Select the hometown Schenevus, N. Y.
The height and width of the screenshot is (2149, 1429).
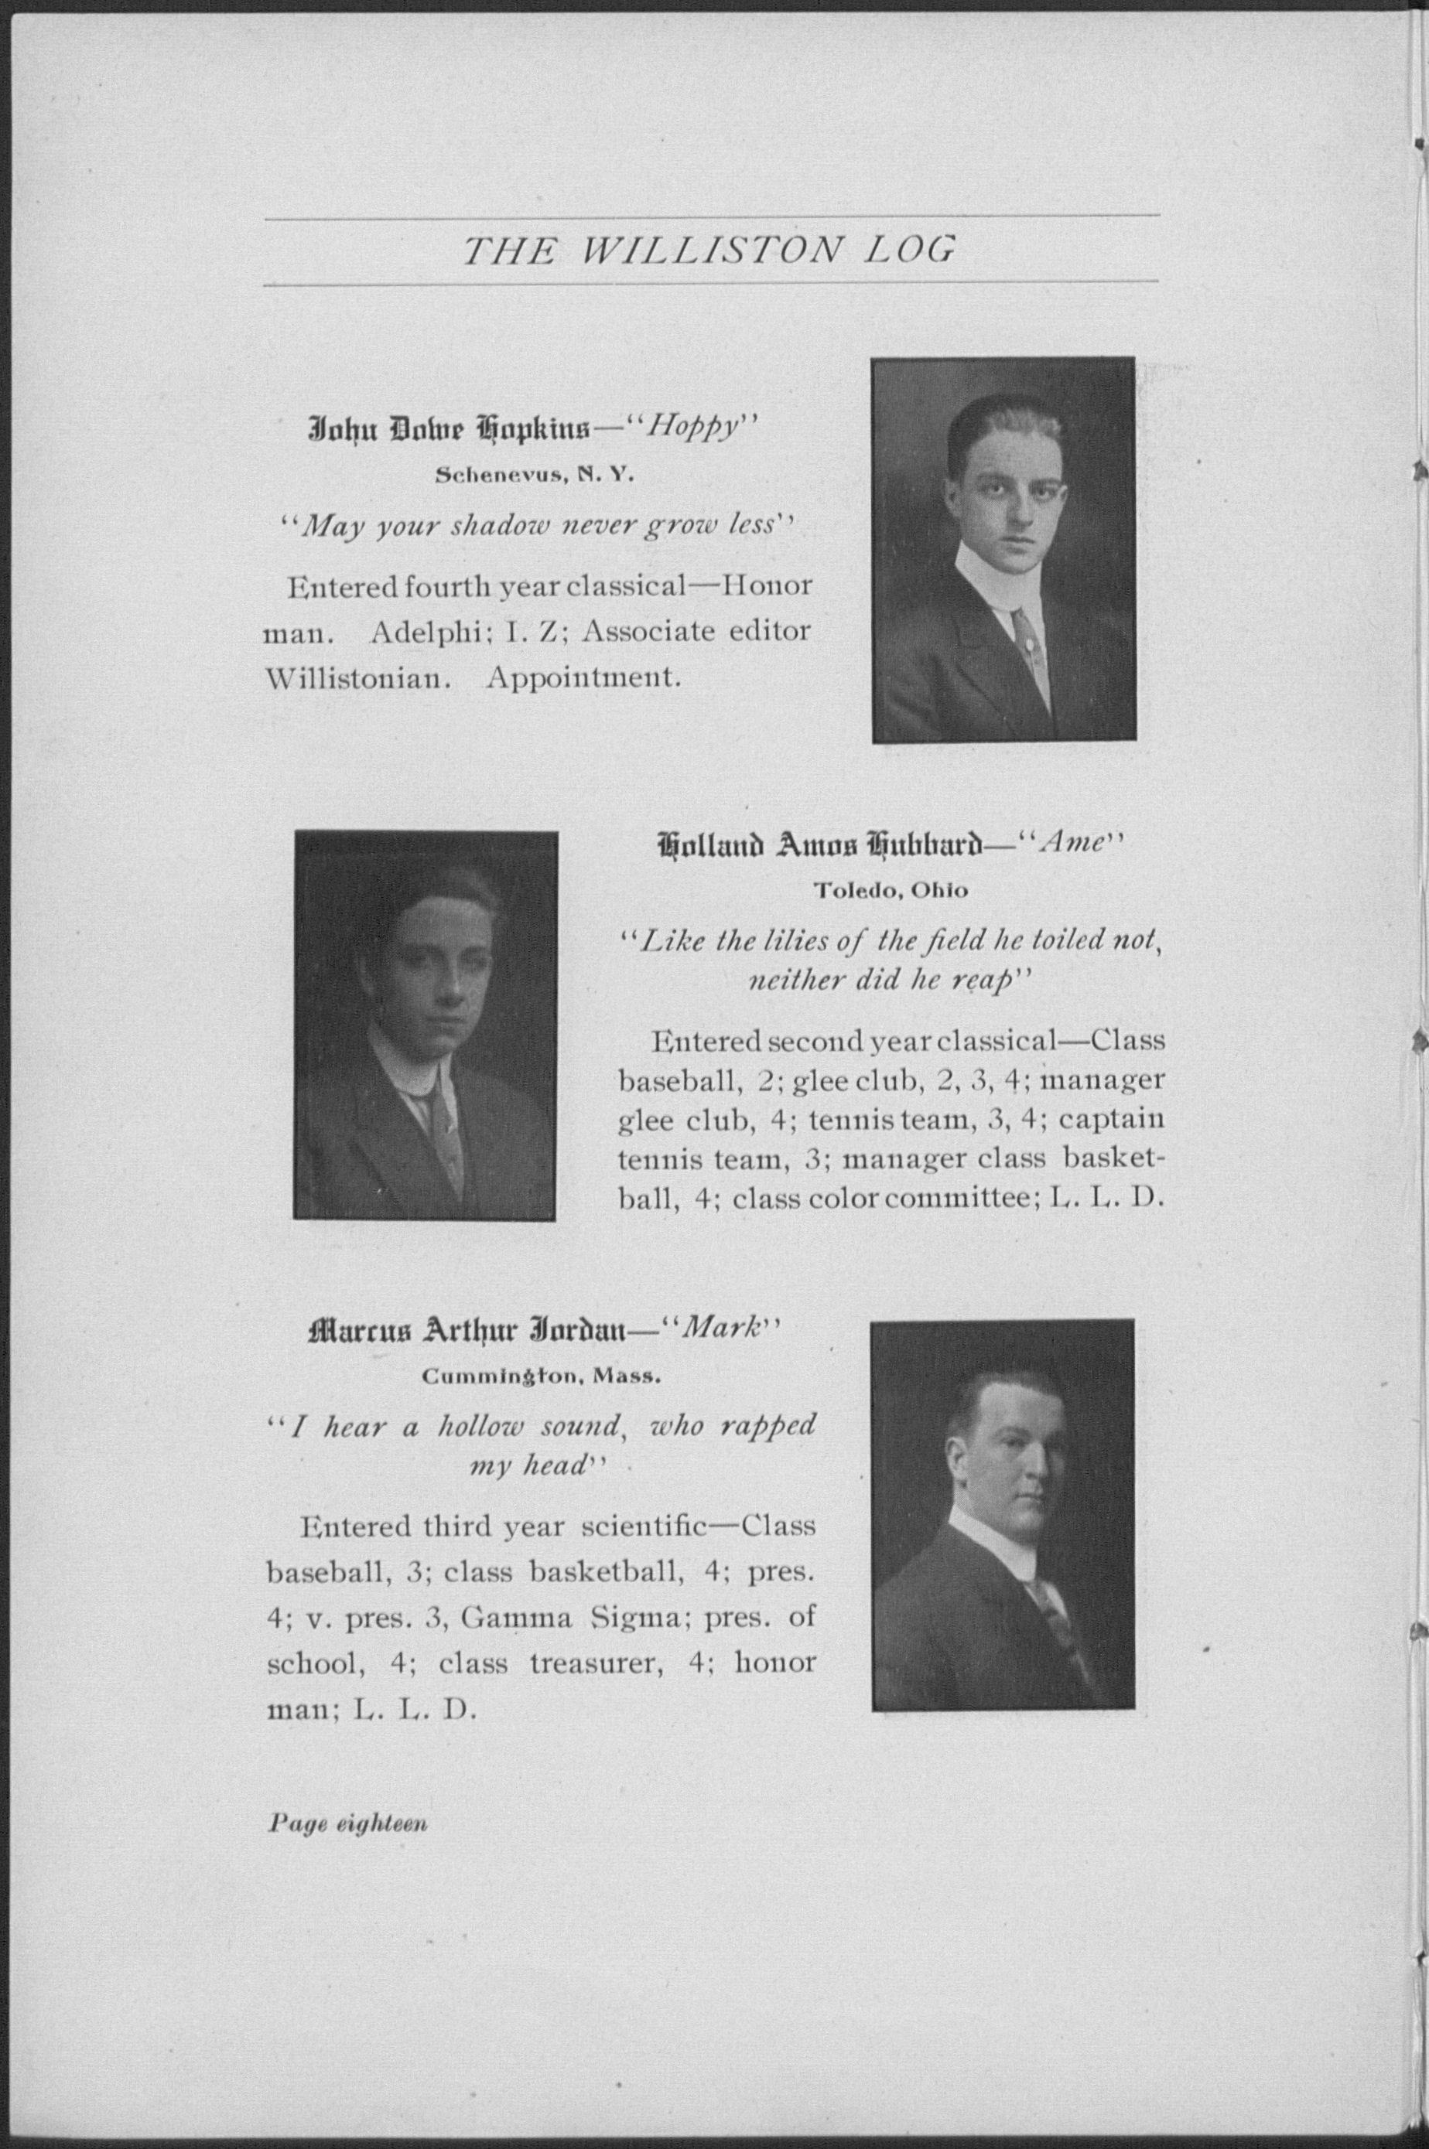(x=534, y=474)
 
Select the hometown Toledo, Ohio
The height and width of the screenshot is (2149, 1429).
(x=891, y=890)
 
